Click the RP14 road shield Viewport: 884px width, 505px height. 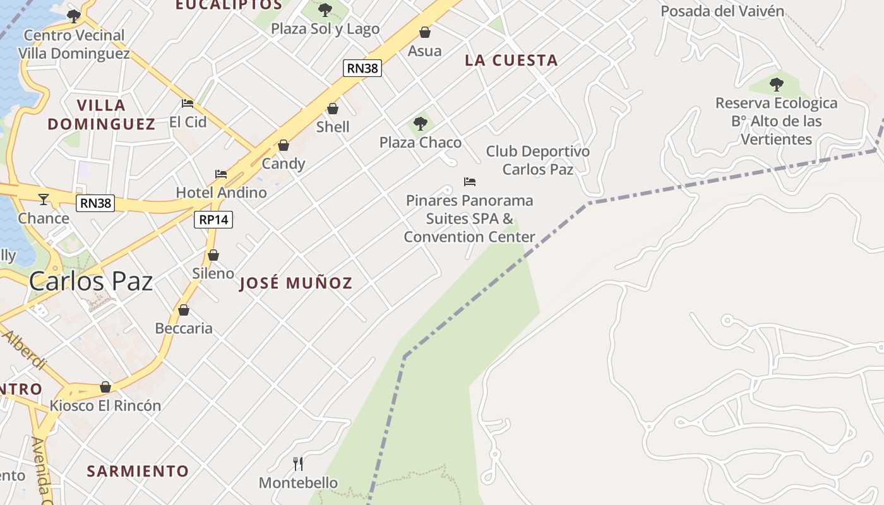click(x=213, y=220)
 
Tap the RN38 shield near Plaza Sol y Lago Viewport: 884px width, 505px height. click(x=362, y=68)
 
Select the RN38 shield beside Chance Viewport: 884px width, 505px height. click(x=95, y=203)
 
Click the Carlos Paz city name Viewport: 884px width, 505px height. click(x=91, y=282)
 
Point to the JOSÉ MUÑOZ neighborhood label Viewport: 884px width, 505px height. click(x=296, y=283)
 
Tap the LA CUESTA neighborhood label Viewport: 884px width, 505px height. click(x=511, y=61)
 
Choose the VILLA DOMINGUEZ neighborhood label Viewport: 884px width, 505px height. click(x=102, y=114)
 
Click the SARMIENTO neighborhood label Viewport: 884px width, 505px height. click(x=138, y=472)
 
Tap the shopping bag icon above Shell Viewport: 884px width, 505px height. click(x=333, y=109)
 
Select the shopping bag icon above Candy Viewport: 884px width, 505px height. click(x=284, y=146)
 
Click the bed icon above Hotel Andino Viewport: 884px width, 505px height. click(x=220, y=174)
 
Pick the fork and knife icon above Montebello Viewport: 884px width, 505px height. click(x=298, y=464)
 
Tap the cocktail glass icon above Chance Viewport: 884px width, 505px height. click(x=43, y=199)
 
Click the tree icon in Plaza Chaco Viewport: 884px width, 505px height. click(x=421, y=124)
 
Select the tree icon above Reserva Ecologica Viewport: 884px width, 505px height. click(x=777, y=84)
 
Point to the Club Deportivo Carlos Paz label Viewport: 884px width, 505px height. click(x=538, y=160)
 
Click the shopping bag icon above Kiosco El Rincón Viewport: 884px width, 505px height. click(x=105, y=387)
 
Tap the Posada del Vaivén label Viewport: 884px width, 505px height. click(x=722, y=11)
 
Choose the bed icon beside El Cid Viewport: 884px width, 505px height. click(x=188, y=104)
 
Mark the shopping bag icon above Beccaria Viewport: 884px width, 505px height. click(x=184, y=310)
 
